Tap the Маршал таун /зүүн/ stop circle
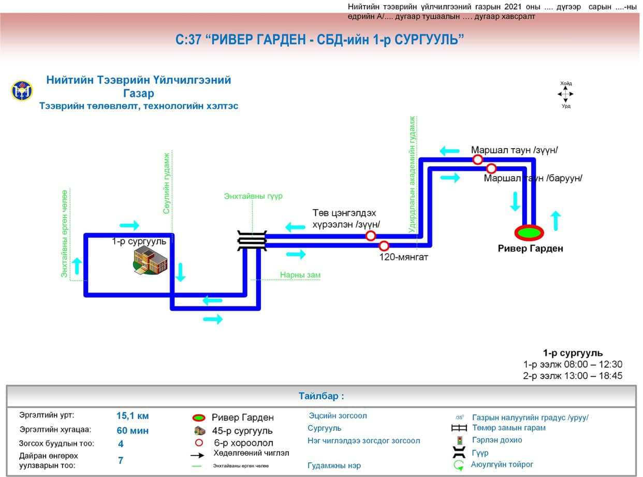click(477, 160)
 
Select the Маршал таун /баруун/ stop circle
click(491, 168)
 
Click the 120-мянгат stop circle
click(384, 246)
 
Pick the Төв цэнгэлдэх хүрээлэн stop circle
click(371, 236)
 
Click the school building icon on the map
click(151, 261)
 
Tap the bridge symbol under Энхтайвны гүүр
click(252, 241)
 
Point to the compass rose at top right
click(565, 94)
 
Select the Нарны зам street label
click(300, 275)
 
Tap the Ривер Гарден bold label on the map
click(530, 249)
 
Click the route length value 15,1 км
click(133, 416)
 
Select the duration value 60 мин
click(133, 430)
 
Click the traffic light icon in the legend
click(459, 441)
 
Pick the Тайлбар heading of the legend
click(321, 397)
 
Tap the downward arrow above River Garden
click(515, 201)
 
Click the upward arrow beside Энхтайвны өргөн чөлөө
click(78, 266)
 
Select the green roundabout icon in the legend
click(459, 465)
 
